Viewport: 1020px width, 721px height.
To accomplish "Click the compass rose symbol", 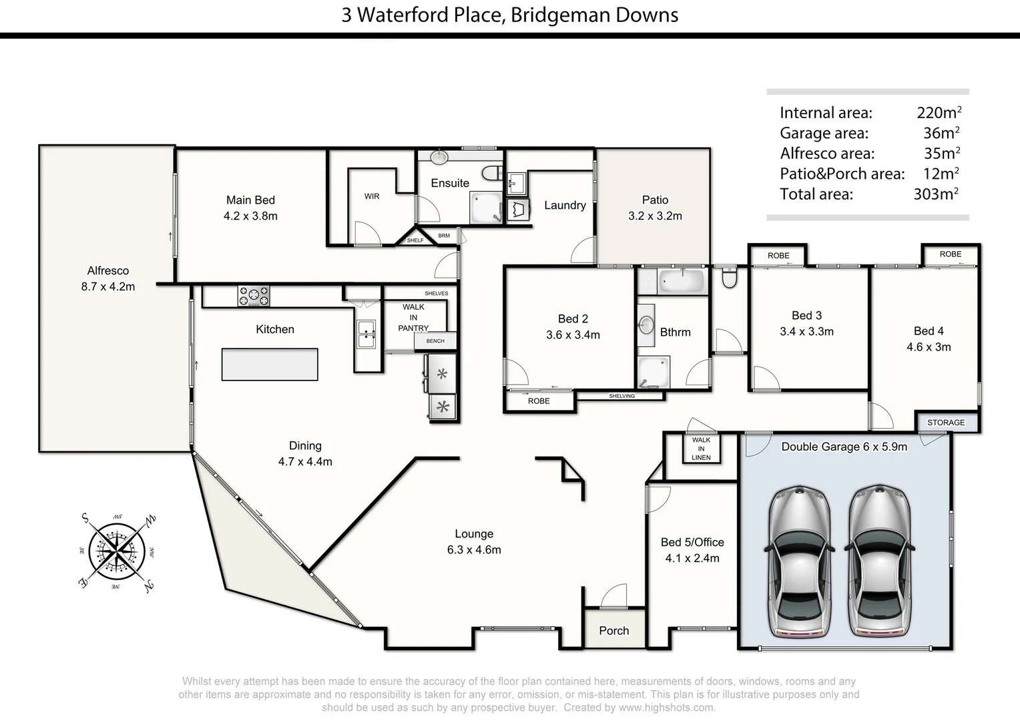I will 117,551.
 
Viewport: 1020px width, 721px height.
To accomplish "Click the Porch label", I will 613,630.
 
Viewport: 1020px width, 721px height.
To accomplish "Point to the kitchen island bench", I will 270,364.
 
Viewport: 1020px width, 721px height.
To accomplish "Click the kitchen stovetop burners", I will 254,296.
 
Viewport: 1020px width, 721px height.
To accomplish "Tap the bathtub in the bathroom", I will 682,281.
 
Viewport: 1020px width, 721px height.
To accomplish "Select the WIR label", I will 372,196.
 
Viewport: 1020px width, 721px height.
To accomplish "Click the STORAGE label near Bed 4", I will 945,423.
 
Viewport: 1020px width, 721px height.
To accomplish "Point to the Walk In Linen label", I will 701,449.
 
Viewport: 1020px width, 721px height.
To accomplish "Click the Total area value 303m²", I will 936,194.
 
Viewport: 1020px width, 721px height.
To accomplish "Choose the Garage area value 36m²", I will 941,133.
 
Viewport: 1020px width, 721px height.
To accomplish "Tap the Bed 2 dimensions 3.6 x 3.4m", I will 573,335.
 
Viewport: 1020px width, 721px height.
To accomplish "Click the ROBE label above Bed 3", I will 778,256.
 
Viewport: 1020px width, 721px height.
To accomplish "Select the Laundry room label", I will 565,206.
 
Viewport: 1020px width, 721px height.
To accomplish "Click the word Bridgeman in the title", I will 551,15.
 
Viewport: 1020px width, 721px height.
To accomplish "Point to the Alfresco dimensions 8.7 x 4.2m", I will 107,287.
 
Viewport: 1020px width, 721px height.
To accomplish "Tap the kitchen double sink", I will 366,334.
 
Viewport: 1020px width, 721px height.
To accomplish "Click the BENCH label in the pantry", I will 435,341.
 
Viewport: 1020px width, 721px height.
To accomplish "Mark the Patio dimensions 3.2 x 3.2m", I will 655,216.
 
